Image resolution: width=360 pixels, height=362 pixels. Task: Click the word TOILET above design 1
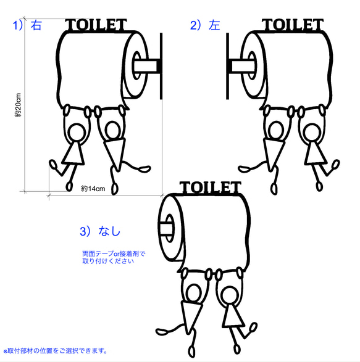(x=96, y=26)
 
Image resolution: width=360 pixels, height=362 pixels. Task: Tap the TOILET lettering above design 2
(x=293, y=25)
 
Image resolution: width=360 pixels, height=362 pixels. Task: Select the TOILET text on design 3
(x=210, y=187)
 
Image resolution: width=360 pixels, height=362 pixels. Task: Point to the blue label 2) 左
(x=205, y=25)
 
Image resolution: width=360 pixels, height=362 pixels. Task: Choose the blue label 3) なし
(x=100, y=231)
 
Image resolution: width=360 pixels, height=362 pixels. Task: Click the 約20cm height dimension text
(x=19, y=105)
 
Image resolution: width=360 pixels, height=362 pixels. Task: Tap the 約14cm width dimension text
(x=93, y=187)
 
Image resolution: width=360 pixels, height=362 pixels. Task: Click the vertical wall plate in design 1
(x=161, y=67)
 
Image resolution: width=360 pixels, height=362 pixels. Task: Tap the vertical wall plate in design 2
(x=228, y=67)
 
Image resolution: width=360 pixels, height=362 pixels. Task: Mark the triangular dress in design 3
(x=232, y=315)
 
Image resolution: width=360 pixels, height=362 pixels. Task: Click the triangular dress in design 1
(x=75, y=152)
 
